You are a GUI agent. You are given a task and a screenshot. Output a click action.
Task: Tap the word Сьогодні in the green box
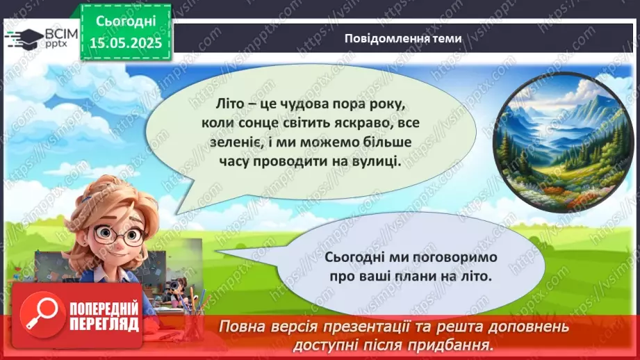pyautogui.click(x=125, y=23)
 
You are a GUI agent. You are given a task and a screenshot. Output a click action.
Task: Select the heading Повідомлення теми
pyautogui.click(x=402, y=38)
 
